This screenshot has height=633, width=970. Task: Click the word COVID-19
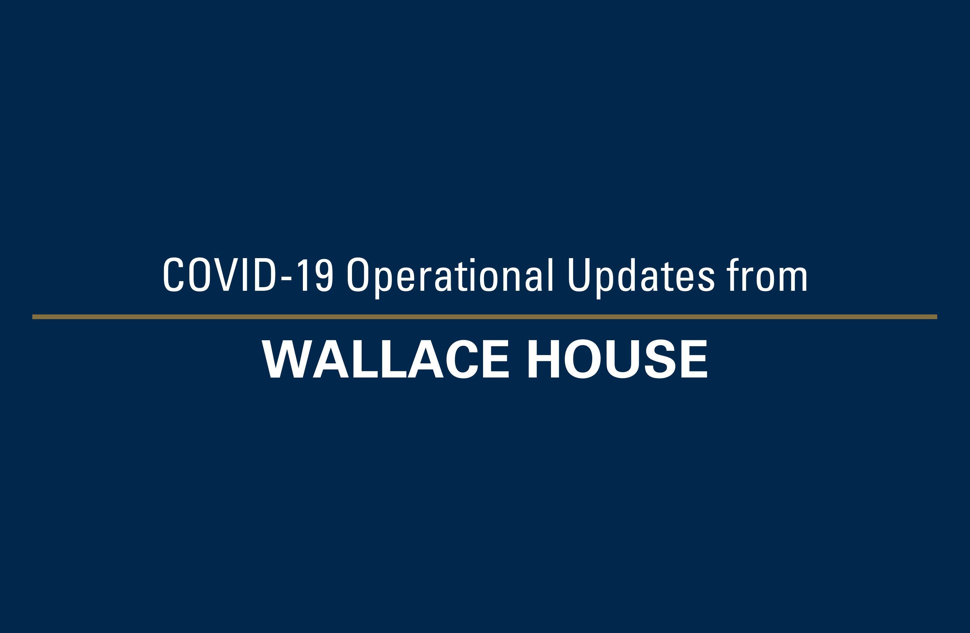coord(248,275)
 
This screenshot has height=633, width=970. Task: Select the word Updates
coord(641,279)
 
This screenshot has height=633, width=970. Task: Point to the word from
coord(767,275)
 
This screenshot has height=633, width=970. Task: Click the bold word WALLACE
coord(385,359)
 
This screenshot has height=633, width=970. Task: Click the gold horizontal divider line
coord(485,317)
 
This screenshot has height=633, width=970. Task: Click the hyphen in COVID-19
coord(286,279)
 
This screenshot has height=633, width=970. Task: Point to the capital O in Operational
coord(358,275)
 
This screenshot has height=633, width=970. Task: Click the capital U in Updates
coord(579,275)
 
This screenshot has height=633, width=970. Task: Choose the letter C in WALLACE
coord(462,359)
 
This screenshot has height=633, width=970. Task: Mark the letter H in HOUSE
coord(544,359)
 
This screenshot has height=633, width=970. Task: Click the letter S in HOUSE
coord(660,359)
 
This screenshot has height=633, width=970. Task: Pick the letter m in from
coord(793,279)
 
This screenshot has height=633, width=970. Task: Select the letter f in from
coord(732,275)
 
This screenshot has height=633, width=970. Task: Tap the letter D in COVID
coord(265,275)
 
